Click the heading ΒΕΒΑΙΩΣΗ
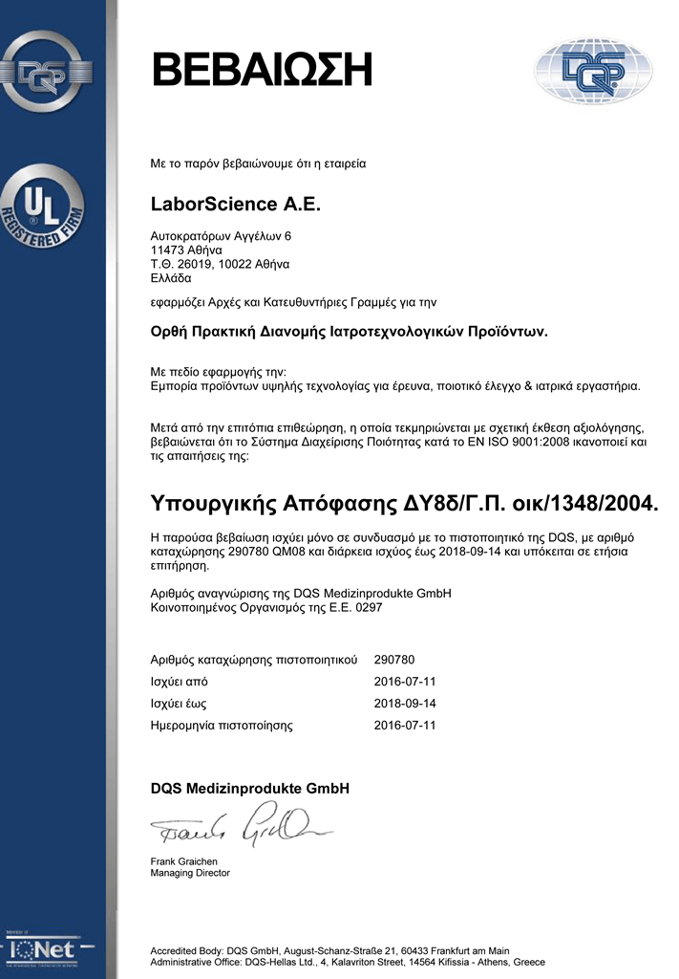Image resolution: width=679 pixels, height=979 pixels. tap(261, 71)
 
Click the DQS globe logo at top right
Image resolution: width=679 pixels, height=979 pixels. tap(593, 72)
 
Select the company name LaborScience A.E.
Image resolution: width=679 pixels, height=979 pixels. tap(236, 205)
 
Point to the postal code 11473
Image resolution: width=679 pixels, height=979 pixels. tap(168, 250)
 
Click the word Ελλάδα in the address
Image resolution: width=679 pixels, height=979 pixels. tap(171, 278)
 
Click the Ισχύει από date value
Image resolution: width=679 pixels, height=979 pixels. tap(405, 682)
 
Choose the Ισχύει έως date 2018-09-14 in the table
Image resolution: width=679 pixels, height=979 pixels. tap(405, 704)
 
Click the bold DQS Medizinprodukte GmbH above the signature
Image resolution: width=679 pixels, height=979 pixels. tap(250, 789)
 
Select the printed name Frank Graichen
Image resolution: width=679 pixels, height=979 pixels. tap(184, 861)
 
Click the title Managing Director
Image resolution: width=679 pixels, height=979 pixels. tap(190, 873)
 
